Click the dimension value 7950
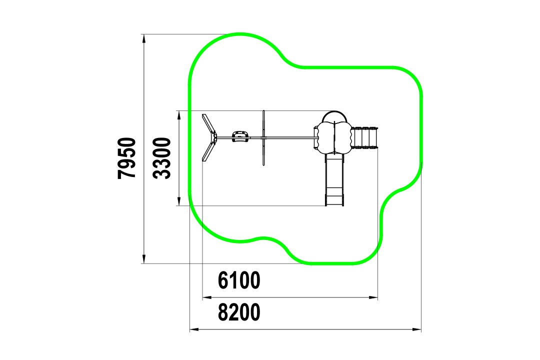point(126,158)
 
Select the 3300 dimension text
point(162,158)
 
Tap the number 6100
point(239,280)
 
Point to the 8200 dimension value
point(239,312)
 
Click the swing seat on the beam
point(240,136)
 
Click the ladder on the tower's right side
point(364,137)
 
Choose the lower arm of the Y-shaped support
point(209,151)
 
